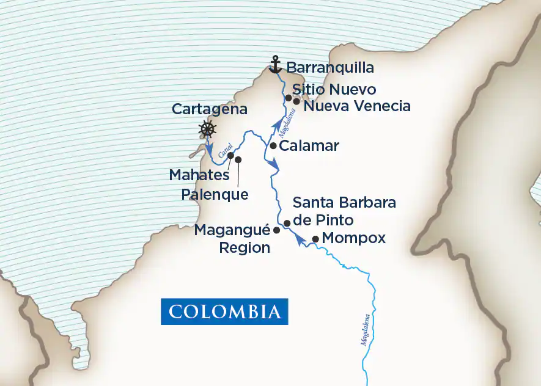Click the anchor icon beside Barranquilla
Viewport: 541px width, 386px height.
click(276, 64)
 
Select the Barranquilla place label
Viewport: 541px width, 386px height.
click(330, 67)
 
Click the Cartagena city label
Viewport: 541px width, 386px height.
click(209, 109)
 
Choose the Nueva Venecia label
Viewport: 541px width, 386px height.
click(357, 106)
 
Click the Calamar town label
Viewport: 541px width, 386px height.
click(309, 147)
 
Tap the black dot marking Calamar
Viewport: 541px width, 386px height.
click(273, 146)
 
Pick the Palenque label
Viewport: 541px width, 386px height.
click(215, 194)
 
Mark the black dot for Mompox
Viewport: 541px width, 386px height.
click(315, 239)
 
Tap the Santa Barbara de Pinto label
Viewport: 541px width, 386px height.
click(344, 211)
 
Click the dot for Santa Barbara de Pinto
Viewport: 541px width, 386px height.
click(287, 224)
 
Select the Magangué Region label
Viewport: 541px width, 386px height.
click(232, 239)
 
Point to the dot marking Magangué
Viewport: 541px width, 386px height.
click(276, 230)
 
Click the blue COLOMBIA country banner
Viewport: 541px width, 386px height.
click(224, 311)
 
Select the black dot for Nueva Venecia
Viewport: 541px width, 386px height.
click(296, 101)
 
